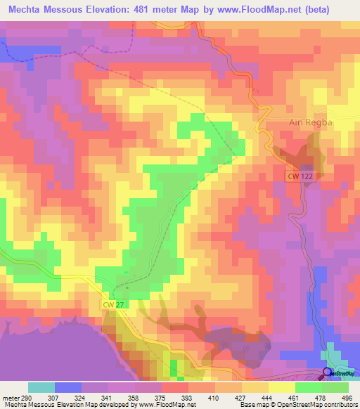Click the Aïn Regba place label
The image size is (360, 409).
311,122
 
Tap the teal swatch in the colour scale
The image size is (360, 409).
41,387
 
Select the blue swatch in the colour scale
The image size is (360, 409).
67,387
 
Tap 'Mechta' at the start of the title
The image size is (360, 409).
27,9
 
